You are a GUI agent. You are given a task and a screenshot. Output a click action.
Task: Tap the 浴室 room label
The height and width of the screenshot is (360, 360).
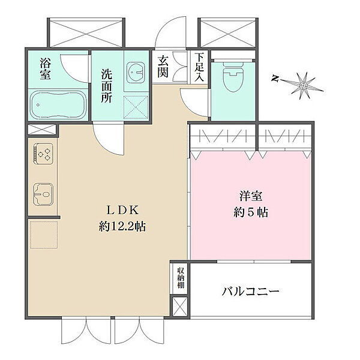(45, 68)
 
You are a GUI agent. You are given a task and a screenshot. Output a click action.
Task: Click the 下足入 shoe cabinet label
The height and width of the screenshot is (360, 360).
(199, 67)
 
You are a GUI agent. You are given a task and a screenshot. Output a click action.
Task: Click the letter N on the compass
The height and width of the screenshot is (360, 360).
(275, 79)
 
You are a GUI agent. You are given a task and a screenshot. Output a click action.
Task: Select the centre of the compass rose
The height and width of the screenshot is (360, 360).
(303, 86)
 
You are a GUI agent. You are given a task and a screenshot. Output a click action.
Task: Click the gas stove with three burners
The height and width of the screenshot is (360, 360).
(43, 154)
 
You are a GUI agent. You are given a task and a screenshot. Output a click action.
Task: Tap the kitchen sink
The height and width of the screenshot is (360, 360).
(43, 194)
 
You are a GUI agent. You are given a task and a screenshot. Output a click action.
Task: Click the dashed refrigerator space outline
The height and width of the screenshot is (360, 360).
(44, 235)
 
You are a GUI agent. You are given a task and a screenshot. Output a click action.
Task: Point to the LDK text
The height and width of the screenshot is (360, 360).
(122, 210)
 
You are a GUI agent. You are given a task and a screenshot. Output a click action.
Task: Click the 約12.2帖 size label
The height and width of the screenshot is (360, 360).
(122, 227)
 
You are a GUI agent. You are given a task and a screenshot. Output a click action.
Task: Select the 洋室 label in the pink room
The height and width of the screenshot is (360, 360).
(250, 196)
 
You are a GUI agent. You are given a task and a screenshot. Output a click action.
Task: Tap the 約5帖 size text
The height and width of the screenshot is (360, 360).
(251, 212)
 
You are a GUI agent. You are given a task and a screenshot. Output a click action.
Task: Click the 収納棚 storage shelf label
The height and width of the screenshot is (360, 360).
(181, 278)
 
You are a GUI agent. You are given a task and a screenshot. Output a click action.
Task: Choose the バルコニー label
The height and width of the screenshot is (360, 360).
(250, 292)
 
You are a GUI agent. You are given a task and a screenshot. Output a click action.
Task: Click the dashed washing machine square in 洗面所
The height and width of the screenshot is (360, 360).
(136, 107)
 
